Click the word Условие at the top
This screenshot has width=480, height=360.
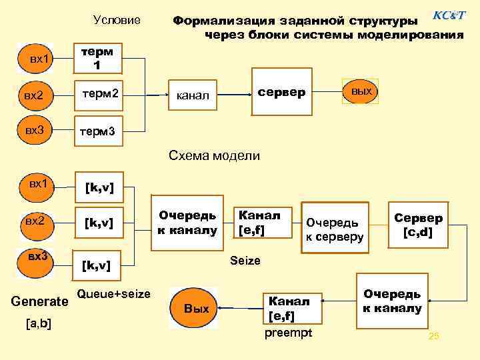117,21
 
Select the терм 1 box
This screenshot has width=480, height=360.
97,59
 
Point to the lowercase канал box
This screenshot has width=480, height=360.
193,96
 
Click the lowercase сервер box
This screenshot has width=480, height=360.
281,90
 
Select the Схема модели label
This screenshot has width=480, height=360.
214,156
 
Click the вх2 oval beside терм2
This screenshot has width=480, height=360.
37,96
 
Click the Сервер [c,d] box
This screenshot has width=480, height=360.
418,225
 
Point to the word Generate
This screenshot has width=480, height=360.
40,302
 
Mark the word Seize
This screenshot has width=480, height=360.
245,261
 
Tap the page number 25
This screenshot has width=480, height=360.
434,336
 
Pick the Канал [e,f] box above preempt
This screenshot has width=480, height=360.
287,307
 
